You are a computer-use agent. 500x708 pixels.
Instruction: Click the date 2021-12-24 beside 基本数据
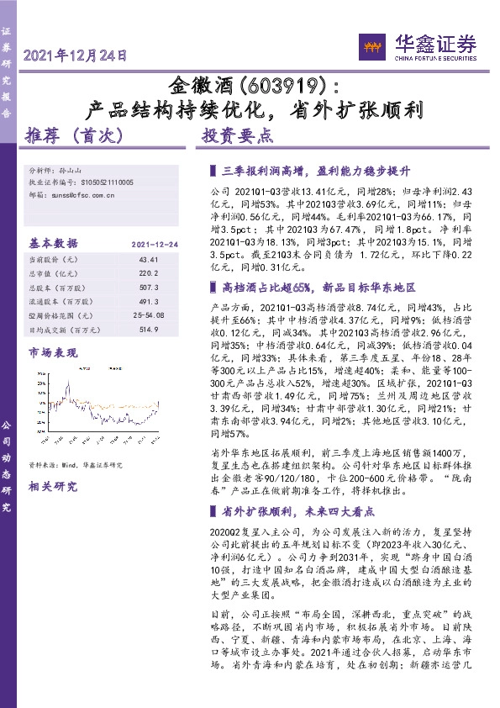(x=155, y=243)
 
